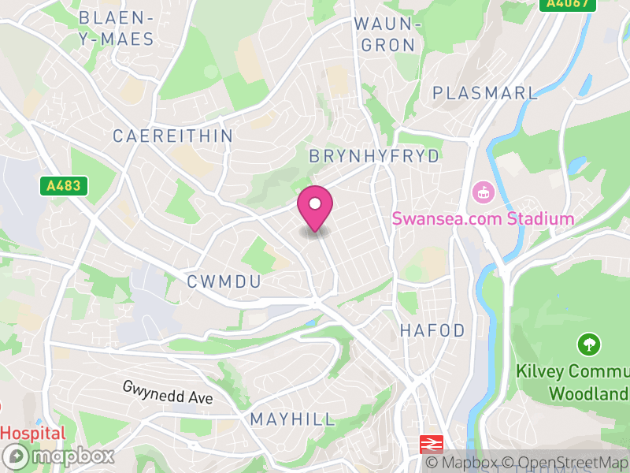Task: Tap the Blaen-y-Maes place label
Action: pos(116,28)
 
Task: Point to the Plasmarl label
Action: pos(485,92)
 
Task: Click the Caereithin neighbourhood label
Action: pos(173,136)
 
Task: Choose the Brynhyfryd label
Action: pos(375,156)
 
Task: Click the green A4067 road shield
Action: pos(563,4)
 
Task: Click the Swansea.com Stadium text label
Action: pos(483,218)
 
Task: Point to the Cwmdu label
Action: pos(224,281)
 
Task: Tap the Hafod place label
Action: pos(432,330)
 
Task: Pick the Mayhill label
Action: pos(292,419)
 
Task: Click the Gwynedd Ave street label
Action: pos(168,393)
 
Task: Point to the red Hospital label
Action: pos(33,433)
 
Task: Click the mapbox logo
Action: pos(60,456)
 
